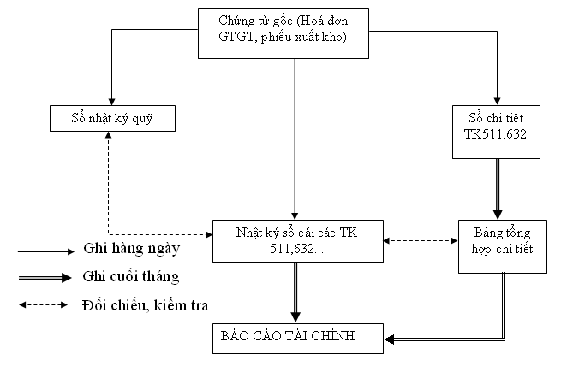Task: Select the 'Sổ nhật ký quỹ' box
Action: point(111,117)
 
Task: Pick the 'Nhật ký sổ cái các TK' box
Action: point(297,240)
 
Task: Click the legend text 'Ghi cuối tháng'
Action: point(130,276)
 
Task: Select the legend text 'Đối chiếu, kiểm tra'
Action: point(145,304)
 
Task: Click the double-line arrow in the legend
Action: point(46,278)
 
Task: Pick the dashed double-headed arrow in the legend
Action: point(46,304)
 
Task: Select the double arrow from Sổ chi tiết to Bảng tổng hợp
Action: point(496,190)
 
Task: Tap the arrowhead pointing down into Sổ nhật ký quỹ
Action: point(111,97)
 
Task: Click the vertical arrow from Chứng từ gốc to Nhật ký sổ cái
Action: point(295,137)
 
